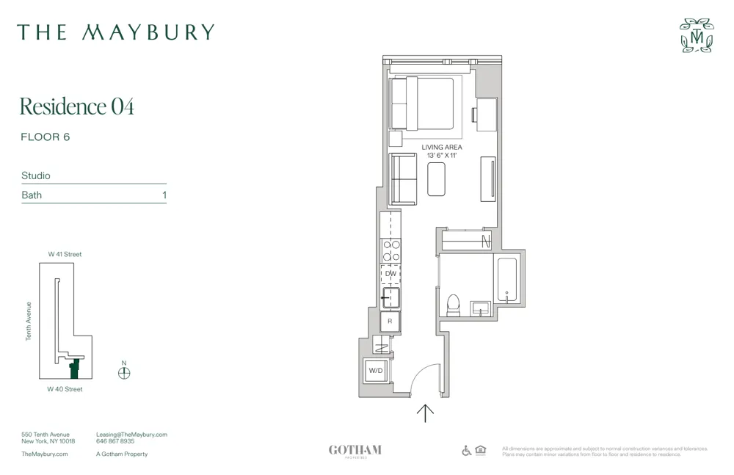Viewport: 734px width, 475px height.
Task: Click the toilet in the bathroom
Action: (453, 305)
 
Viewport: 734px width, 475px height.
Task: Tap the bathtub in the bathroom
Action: (506, 279)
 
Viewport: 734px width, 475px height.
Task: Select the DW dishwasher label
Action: (390, 274)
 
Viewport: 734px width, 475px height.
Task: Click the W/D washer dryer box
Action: (376, 371)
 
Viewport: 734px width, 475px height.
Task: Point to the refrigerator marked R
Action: (390, 321)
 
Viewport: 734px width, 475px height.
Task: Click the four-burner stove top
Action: (390, 251)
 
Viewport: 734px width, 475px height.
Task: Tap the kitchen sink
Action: (391, 297)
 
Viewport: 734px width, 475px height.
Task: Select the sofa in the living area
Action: (403, 179)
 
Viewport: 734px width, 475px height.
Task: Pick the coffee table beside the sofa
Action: (436, 178)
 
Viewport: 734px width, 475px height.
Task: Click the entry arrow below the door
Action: (425, 413)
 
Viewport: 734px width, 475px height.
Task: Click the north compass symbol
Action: (124, 372)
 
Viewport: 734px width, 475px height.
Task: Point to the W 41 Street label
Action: (65, 254)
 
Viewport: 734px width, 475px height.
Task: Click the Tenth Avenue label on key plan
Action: (29, 321)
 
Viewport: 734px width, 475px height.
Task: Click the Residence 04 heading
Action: (77, 106)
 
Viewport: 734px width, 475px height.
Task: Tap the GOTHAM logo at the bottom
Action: (355, 451)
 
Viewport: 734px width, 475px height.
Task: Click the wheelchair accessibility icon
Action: (466, 450)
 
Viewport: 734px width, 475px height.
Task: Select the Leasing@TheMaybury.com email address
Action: (131, 435)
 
